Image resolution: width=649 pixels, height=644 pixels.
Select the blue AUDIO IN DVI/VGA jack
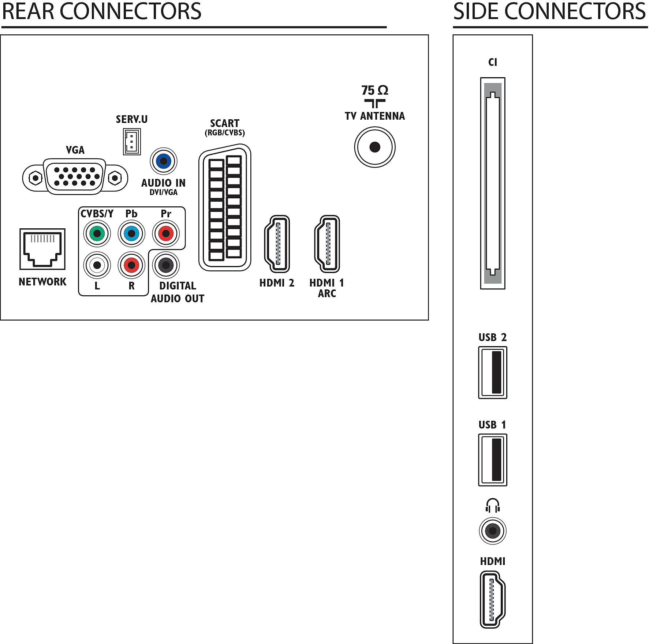(x=164, y=161)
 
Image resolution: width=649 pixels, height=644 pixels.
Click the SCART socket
(x=225, y=207)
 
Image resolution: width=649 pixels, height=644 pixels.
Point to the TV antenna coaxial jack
(x=375, y=147)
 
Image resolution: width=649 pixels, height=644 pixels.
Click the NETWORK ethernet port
(x=42, y=249)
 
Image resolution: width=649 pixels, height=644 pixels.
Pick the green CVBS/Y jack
(x=97, y=233)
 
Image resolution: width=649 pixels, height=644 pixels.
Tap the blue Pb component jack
(x=131, y=233)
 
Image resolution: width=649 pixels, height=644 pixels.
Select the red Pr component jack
(x=166, y=233)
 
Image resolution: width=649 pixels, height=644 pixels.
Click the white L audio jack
(x=97, y=265)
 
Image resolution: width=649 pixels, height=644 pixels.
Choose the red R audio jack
(x=131, y=265)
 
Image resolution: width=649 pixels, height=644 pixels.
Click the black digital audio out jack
(x=166, y=265)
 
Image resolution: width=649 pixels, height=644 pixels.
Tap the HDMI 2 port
(x=277, y=244)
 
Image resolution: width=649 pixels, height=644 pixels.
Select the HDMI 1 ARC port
(x=327, y=244)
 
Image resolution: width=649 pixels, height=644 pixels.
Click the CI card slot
(x=493, y=183)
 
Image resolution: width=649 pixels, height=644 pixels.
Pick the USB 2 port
(x=493, y=372)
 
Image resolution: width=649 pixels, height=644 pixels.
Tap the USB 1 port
(x=493, y=460)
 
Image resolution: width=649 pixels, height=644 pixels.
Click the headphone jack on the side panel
(x=493, y=531)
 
